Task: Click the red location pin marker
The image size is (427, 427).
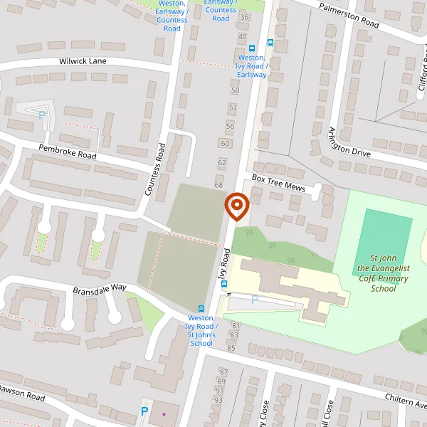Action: coord(236,206)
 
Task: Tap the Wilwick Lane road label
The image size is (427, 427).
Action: coord(83,61)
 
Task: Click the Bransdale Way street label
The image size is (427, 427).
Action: coord(100,288)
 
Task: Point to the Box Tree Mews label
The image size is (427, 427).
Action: coord(277,181)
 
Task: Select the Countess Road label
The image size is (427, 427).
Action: coord(154,169)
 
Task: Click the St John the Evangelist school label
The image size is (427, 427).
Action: coord(383,274)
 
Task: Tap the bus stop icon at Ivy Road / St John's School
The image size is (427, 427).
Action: coord(201,309)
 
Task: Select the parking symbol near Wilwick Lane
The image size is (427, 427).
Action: coord(42,113)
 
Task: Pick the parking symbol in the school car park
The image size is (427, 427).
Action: coord(254,300)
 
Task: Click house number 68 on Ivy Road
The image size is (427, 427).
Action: coord(218,186)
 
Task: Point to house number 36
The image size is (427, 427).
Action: coord(245,16)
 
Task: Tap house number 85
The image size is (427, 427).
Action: coord(231,348)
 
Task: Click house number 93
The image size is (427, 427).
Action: coord(219,399)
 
